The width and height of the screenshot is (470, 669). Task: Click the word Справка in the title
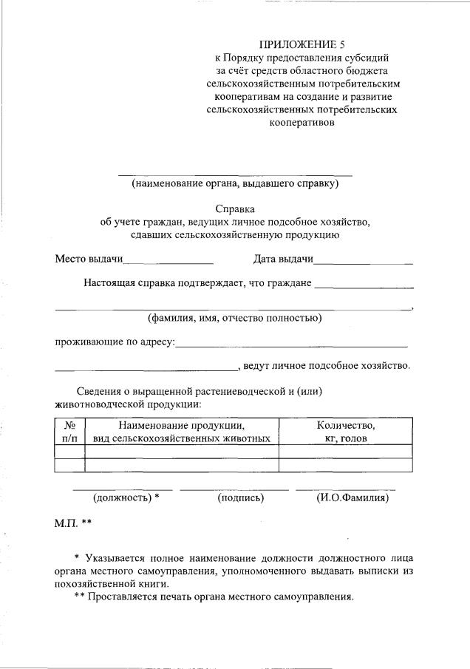click(x=234, y=209)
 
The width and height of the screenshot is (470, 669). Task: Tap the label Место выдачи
click(x=89, y=259)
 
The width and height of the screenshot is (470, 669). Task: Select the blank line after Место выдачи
click(x=168, y=262)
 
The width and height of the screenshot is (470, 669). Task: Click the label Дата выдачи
click(x=283, y=259)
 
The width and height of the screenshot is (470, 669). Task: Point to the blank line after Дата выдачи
click(x=363, y=262)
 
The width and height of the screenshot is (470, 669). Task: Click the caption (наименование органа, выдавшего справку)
click(x=234, y=183)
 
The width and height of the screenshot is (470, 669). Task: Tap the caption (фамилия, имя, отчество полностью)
click(x=234, y=319)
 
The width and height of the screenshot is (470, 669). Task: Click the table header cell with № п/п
click(x=70, y=431)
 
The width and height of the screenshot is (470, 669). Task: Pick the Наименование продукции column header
click(x=182, y=431)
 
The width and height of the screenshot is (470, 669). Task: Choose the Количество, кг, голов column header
click(x=345, y=431)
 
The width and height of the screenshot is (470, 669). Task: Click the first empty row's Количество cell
click(x=345, y=451)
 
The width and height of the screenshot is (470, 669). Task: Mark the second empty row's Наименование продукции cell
click(x=182, y=465)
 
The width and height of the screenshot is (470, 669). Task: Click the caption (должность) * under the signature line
click(x=126, y=498)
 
